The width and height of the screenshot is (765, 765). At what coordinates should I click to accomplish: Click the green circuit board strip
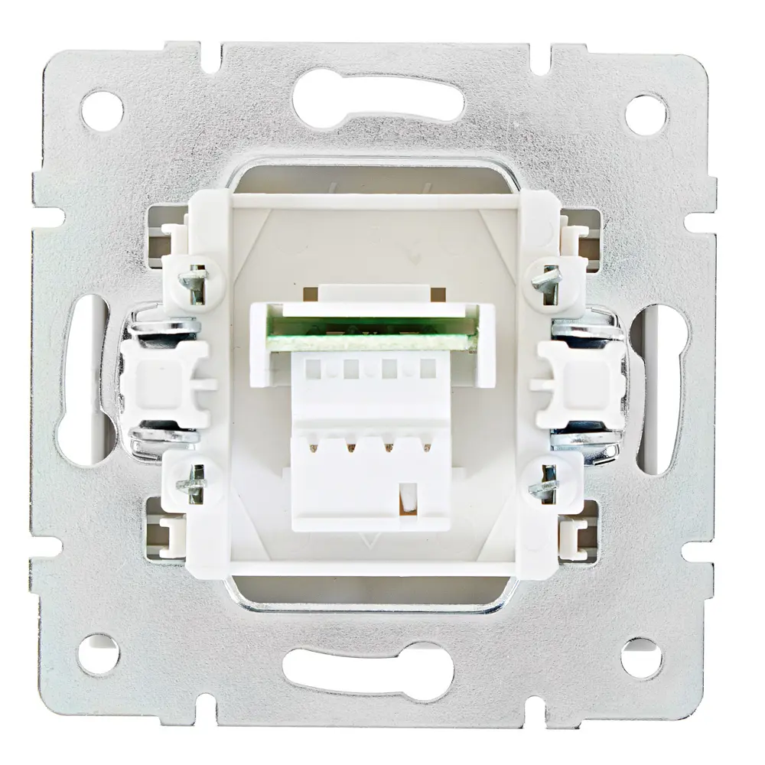[376, 336]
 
